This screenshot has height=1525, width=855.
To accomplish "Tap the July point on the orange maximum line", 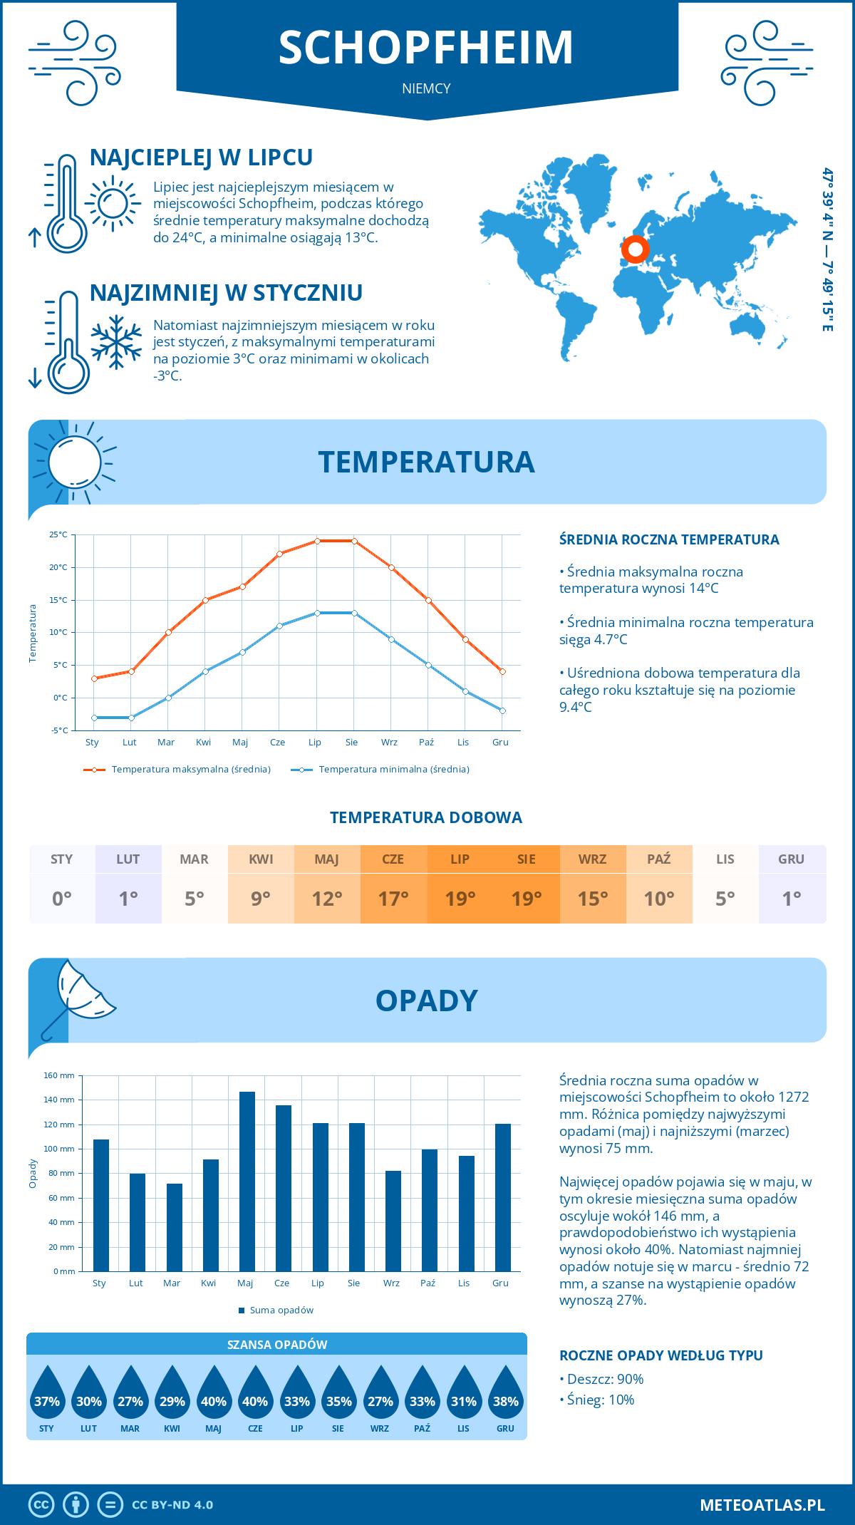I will [317, 541].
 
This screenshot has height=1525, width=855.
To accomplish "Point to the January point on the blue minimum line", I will [94, 718].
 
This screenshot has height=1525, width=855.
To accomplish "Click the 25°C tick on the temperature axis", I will [58, 534].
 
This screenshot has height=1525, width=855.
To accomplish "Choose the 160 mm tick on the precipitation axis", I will [60, 1075].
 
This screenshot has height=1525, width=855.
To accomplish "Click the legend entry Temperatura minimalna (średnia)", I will [381, 770].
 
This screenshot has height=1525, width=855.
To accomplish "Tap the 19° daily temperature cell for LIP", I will [460, 898].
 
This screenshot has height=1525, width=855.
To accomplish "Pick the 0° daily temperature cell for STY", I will [62, 898].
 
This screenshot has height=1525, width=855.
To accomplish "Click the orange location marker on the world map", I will [635, 249].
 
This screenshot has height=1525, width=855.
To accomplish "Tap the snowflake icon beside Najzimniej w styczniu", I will [116, 342].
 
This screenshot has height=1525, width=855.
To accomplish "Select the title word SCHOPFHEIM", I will [426, 48].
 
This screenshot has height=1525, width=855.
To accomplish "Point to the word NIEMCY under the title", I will [426, 89].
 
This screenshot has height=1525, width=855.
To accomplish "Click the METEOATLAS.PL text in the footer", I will [762, 1505].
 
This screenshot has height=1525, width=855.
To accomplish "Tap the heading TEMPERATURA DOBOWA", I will [426, 818].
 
